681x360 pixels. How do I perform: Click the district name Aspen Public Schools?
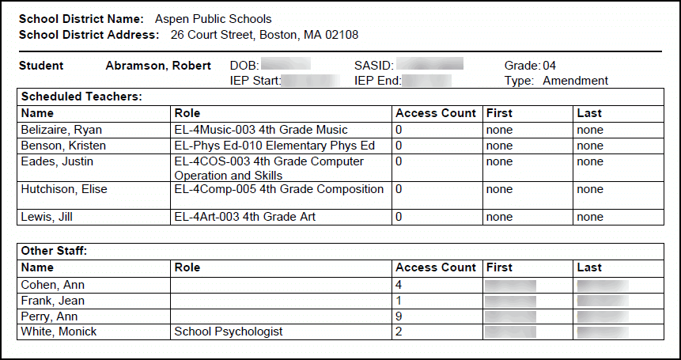pos(213,19)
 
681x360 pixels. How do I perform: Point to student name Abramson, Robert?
pos(158,66)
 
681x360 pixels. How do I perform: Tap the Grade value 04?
pos(550,66)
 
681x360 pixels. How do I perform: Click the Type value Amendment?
pos(575,81)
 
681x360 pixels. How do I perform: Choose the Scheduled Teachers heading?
pos(81,97)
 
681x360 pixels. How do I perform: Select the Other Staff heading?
pos(54,251)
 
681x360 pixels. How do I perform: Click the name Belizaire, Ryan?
pos(62,130)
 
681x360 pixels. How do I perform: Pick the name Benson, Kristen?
pos(64,146)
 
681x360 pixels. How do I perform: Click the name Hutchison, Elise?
pos(64,189)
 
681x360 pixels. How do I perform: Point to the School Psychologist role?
pos(229,332)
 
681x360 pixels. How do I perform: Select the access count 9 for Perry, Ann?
pos(399,316)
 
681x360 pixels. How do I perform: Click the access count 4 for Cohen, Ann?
pos(399,285)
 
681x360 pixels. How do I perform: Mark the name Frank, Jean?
pos(53,301)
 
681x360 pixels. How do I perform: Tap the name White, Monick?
pos(59,332)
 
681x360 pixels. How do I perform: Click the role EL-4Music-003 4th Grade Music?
pos(261,130)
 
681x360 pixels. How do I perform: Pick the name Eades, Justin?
pos(57,161)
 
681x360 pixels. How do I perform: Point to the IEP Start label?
pos(255,81)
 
